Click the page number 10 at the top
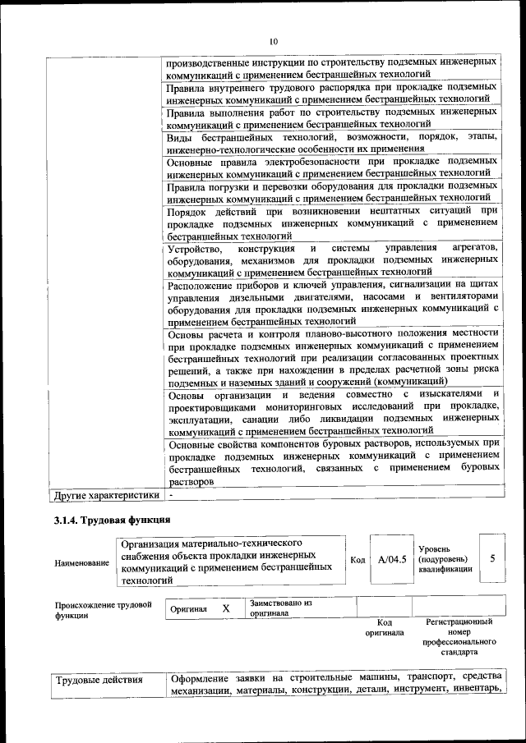[x=273, y=40]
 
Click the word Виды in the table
[x=180, y=136]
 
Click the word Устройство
[x=194, y=248]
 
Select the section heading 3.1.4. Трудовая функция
[x=112, y=521]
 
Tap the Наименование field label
[x=81, y=563]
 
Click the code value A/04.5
[x=392, y=559]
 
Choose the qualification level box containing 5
[x=492, y=558]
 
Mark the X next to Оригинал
[x=225, y=608]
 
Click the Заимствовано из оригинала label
[x=280, y=608]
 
